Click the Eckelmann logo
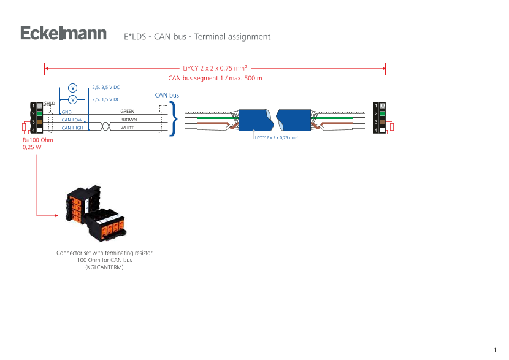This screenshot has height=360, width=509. pyautogui.click(x=64, y=34)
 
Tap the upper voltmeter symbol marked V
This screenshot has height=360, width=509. pyautogui.click(x=72, y=88)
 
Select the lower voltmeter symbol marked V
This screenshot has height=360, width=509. pyautogui.click(x=72, y=99)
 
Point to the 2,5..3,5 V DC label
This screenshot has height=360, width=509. pyautogui.click(x=105, y=88)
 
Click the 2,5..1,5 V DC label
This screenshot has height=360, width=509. pyautogui.click(x=105, y=99)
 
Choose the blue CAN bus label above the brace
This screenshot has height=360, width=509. pyautogui.click(x=166, y=96)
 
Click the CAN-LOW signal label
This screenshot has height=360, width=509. pyautogui.click(x=72, y=120)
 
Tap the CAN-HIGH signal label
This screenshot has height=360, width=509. pyautogui.click(x=72, y=128)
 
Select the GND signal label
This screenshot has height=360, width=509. pyautogui.click(x=67, y=113)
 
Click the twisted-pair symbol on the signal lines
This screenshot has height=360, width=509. pyautogui.click(x=105, y=124)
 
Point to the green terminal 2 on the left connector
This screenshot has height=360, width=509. pyautogui.click(x=39, y=113)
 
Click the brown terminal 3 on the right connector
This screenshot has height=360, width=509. pyautogui.click(x=381, y=122)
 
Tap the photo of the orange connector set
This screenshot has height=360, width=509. pyautogui.click(x=96, y=213)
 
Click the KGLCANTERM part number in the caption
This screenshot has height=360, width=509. pyautogui.click(x=104, y=267)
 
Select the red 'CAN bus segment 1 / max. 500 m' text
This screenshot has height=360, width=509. pyautogui.click(x=215, y=79)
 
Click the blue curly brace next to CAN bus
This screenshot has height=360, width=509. pyautogui.click(x=174, y=118)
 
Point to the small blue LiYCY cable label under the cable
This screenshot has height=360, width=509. pyautogui.click(x=277, y=138)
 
